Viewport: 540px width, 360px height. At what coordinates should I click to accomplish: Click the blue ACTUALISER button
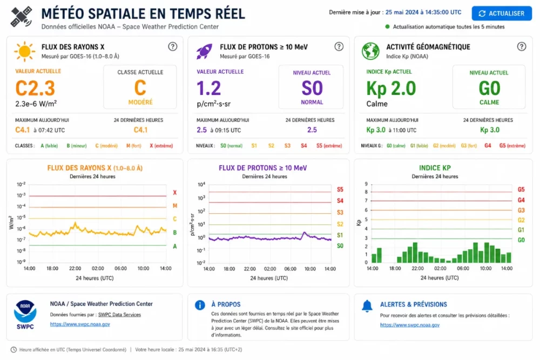(x=502, y=13)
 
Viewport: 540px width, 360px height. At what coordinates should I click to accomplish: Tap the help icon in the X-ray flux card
(x=173, y=46)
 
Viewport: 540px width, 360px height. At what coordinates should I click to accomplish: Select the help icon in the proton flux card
(x=339, y=46)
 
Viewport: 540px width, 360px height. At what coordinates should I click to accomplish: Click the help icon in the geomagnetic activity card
(x=522, y=46)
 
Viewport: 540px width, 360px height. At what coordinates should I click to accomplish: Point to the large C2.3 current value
(x=35, y=88)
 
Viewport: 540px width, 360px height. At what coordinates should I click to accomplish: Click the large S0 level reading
(x=312, y=88)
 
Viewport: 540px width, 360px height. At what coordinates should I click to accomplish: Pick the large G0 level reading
(x=489, y=88)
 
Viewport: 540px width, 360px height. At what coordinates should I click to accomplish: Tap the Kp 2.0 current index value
(x=391, y=89)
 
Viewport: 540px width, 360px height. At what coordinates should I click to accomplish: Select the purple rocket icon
(x=204, y=51)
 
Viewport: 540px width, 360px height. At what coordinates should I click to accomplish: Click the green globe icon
(x=370, y=51)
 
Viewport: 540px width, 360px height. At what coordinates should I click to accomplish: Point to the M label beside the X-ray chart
(x=175, y=206)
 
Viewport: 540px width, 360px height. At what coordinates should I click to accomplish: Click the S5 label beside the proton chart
(x=340, y=189)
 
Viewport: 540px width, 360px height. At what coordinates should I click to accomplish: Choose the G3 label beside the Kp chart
(x=521, y=210)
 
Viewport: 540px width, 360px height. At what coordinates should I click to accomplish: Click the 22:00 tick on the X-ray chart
(x=75, y=268)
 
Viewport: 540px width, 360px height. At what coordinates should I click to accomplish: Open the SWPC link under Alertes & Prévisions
(x=410, y=325)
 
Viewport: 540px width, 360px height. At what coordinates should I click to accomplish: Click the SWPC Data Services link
(x=119, y=315)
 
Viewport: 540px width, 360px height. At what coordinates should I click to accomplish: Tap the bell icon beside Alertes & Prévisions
(x=367, y=306)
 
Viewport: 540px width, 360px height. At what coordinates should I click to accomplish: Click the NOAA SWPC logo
(x=25, y=315)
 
